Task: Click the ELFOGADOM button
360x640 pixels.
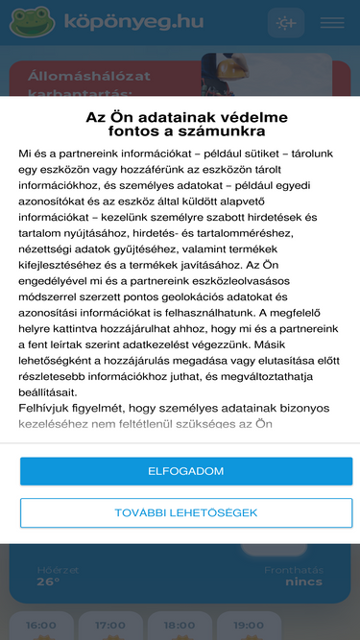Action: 186,471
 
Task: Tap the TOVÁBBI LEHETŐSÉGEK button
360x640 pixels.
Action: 186,512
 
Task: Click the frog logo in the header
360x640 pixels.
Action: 32,21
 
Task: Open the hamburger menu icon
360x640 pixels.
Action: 332,22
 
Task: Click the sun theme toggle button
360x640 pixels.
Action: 286,22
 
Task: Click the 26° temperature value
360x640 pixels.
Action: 48,581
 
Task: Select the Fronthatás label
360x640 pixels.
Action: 293,569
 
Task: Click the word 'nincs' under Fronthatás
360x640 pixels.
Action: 303,581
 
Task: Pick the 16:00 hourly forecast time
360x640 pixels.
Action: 42,626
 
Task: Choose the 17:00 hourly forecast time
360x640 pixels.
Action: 111,626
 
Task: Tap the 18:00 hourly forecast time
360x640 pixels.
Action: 180,626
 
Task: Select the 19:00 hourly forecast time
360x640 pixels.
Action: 248,626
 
